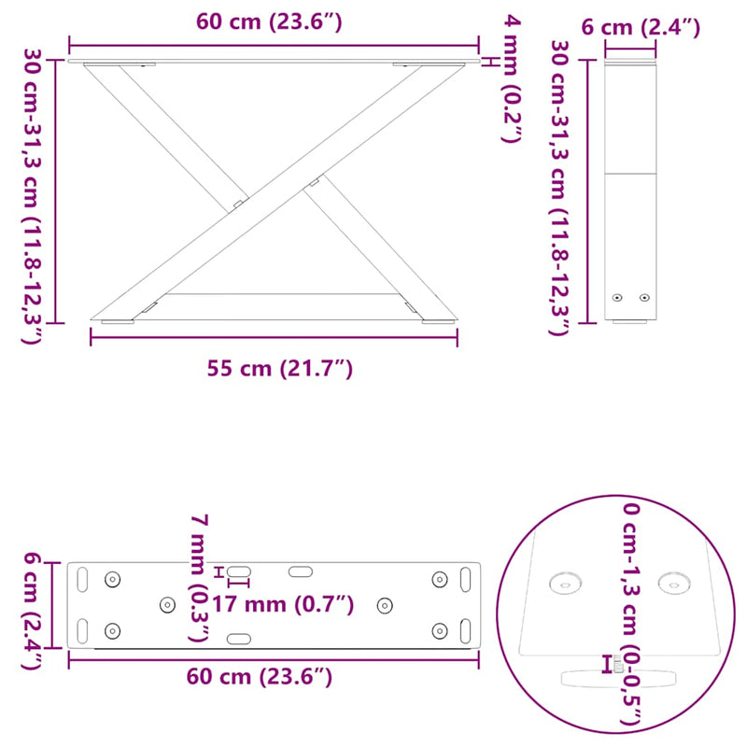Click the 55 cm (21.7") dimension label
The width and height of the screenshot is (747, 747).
click(x=279, y=369)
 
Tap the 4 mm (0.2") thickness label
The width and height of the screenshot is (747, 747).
click(x=512, y=78)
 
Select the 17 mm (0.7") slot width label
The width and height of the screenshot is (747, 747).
click(x=283, y=604)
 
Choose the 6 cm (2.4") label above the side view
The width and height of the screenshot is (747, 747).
click(x=641, y=27)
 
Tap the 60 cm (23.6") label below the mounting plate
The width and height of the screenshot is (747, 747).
click(x=260, y=676)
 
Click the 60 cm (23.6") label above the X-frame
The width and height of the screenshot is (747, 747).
click(x=269, y=21)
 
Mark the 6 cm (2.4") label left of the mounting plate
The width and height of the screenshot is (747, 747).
click(x=33, y=611)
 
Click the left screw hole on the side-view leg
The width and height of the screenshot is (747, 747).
click(x=617, y=298)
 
